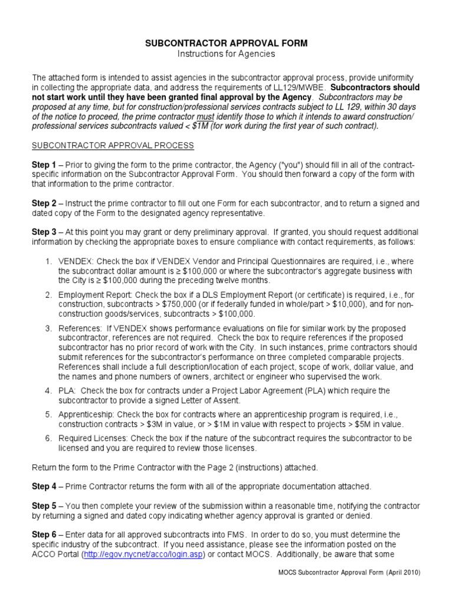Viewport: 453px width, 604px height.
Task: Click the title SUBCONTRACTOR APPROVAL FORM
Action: pos(226,44)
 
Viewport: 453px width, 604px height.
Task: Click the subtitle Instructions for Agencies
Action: pos(226,54)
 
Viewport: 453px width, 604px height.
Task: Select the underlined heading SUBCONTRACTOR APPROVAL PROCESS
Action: pos(112,145)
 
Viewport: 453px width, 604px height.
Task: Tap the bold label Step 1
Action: pos(44,165)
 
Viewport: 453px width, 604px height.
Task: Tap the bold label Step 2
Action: pos(44,203)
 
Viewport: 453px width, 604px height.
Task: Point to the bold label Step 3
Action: pos(44,232)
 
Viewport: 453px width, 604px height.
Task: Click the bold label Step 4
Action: pos(44,487)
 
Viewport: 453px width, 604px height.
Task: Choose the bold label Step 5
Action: pos(44,506)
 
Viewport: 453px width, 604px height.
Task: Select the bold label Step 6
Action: pos(44,535)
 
